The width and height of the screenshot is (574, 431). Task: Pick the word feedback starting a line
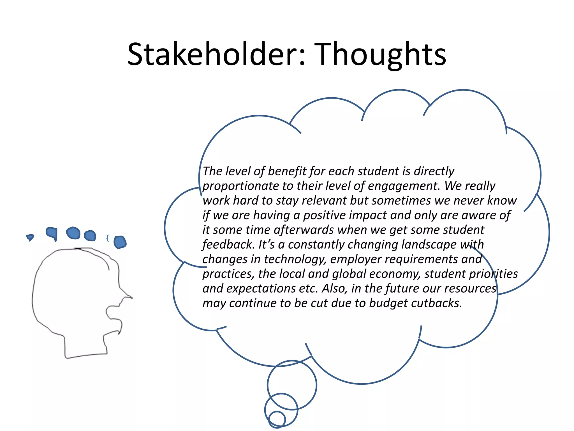coord(228,244)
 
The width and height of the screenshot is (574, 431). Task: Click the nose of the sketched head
coord(128,296)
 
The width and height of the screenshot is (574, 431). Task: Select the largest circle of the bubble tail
coord(292,385)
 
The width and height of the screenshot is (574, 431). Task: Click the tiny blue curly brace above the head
coord(107,238)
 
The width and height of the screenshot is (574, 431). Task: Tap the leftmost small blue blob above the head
coord(30,237)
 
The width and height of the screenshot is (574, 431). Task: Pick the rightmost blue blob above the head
coord(120,242)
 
